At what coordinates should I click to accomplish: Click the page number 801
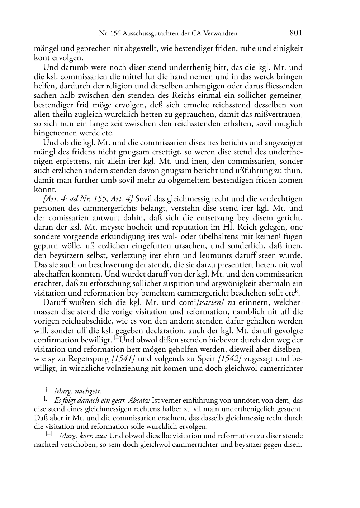[x=296, y=33]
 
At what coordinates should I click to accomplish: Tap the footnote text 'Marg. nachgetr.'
[x=77, y=392]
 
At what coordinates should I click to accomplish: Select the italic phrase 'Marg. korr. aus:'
[x=83, y=436]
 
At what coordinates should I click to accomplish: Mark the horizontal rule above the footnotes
[x=61, y=385]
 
